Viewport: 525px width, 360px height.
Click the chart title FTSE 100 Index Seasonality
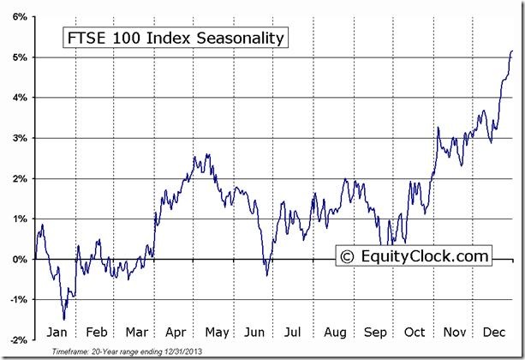(172, 38)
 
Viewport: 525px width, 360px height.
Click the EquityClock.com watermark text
(423, 255)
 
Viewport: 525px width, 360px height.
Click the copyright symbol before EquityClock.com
(347, 255)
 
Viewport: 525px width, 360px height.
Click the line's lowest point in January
(63, 319)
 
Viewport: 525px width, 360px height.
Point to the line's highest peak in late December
(512, 51)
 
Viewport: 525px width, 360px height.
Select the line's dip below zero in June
(266, 275)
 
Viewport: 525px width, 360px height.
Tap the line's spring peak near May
(206, 155)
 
